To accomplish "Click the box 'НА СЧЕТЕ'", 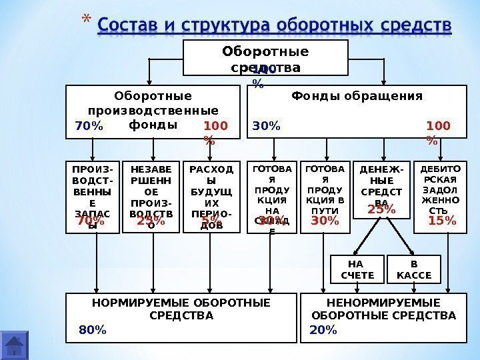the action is pos(357,269).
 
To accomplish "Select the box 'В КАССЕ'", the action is pos(414,269).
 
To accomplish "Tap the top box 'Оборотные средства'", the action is pos(265,59).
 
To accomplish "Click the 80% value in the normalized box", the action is pos(92,329).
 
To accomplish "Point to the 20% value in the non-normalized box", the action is pos(324,329).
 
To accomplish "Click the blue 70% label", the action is pos(89,125).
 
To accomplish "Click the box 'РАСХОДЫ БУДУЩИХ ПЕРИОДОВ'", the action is pos(211,197).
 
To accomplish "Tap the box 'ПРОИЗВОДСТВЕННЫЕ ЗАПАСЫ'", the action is pos(94,197).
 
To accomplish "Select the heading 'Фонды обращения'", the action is pos(357,96).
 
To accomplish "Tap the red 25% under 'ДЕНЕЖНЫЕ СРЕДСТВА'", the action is pos(381,210).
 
